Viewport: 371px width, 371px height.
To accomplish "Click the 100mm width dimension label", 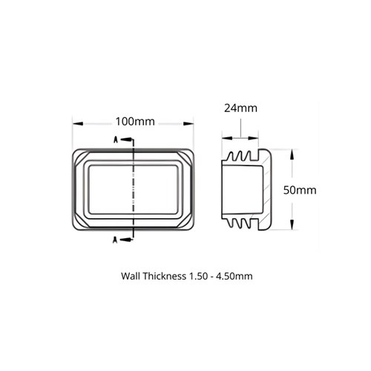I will (x=134, y=121).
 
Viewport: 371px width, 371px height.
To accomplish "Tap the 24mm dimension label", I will (x=240, y=108).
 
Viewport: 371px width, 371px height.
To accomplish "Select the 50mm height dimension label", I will (x=301, y=190).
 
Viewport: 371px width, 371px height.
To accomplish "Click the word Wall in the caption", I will (x=131, y=276).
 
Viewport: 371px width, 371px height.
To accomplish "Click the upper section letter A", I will (x=115, y=139).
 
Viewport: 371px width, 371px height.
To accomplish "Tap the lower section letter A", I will (x=115, y=238).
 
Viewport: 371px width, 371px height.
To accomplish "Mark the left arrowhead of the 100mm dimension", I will (x=75, y=122).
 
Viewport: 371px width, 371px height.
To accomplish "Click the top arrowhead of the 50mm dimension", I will (x=291, y=152).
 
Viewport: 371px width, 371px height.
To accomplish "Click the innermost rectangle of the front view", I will (x=134, y=190).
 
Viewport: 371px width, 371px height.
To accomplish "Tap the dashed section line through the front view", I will (x=131, y=190).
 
